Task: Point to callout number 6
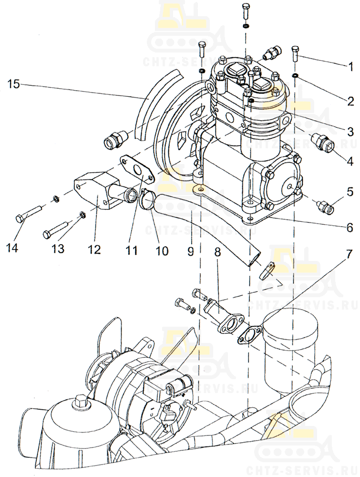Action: (x=350, y=227)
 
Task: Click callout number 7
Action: (x=349, y=254)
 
